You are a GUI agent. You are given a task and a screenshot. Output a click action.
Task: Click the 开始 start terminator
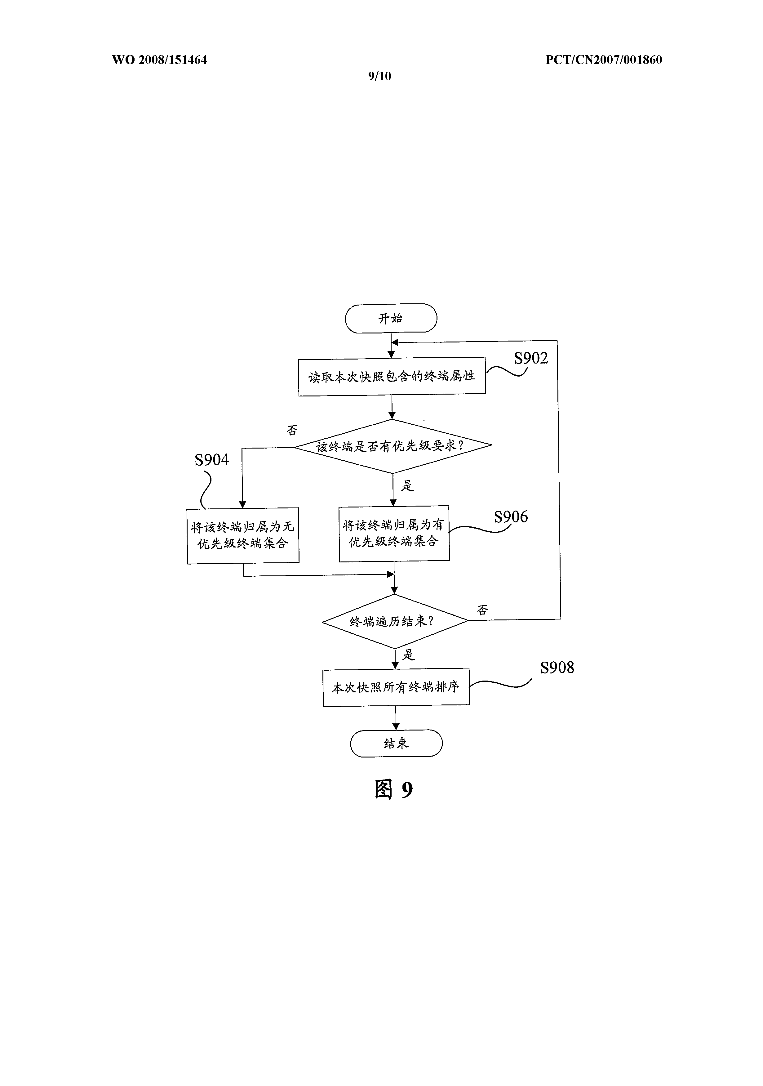pos(391,318)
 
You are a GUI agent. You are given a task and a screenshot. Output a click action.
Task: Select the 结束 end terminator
pos(396,743)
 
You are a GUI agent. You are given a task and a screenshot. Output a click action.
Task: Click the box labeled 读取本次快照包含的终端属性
pos(392,377)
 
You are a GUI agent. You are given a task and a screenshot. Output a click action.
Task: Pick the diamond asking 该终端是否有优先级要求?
pos(393,446)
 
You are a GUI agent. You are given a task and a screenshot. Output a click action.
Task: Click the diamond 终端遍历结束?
pos(395,621)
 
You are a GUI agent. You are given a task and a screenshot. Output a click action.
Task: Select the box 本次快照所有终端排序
pos(396,687)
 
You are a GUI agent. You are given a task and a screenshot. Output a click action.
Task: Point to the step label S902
pos(531,359)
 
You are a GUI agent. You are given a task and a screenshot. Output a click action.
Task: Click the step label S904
pos(212,460)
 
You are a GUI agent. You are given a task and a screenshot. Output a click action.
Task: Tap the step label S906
pos(511,517)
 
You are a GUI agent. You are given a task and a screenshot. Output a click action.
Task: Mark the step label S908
pos(557,668)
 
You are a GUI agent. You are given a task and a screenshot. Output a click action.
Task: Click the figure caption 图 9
pos(394,789)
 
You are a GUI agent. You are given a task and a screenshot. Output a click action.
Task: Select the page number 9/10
pos(379,76)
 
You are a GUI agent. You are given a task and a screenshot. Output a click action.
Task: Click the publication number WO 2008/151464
pos(159,60)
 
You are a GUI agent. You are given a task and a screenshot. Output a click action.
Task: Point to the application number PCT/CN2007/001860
pos(604,60)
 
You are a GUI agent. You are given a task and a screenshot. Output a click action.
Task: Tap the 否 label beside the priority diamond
pos(292,430)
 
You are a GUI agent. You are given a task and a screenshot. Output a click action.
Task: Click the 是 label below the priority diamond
pos(407,486)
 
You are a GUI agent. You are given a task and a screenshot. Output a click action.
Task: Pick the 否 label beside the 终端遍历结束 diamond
pos(482,610)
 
